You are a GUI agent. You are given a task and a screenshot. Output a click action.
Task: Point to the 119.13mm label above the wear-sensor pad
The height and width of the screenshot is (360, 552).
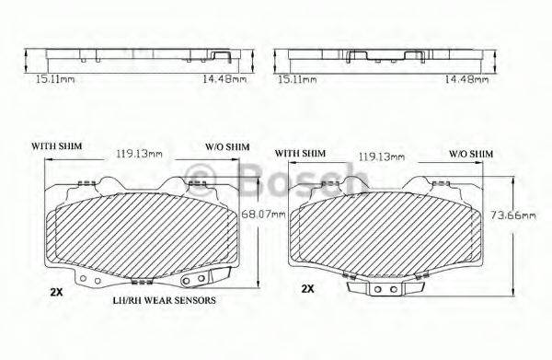click(137, 155)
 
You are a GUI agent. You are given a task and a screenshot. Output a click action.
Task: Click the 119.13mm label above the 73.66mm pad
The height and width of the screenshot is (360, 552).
click(381, 157)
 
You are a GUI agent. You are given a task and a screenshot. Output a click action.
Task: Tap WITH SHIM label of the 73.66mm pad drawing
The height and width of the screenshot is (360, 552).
click(300, 153)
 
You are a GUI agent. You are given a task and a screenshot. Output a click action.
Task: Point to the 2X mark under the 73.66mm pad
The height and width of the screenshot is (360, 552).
click(307, 288)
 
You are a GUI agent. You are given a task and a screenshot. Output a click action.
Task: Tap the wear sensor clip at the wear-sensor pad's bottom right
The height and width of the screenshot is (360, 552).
click(200, 278)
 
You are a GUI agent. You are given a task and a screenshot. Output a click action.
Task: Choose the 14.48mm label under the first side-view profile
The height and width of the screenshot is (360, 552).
click(227, 80)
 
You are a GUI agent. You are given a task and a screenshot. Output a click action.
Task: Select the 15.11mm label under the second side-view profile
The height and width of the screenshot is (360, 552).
click(296, 80)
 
